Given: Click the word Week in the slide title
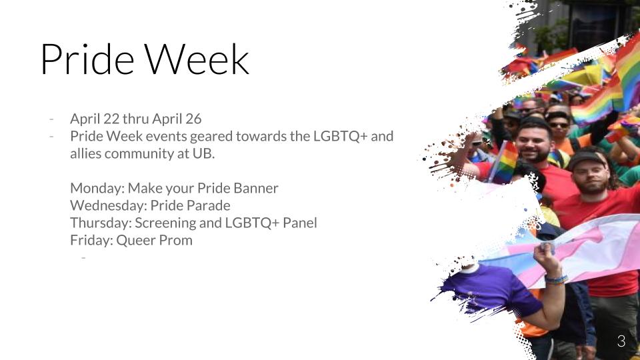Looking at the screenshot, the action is tap(197, 59).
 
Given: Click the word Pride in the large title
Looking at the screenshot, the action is tap(87, 59).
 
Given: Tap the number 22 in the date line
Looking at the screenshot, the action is tap(111, 119).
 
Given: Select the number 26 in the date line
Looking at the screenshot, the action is tap(193, 119).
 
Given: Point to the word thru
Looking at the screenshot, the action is tap(135, 119).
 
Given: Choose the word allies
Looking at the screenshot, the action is tap(86, 153).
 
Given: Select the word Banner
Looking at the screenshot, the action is tap(256, 188).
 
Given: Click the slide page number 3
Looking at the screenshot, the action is tap(621, 341).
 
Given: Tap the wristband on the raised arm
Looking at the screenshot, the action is tap(556, 279).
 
